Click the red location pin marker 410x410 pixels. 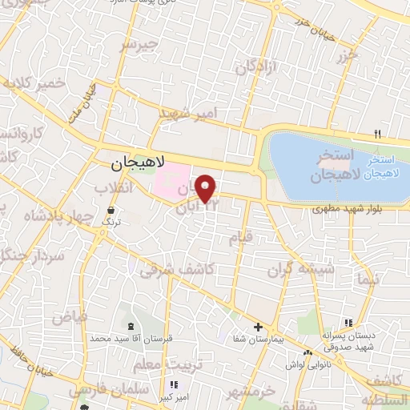pyautogui.click(x=207, y=189)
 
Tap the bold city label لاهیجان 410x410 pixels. pyautogui.click(x=135, y=163)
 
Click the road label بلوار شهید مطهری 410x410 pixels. pyautogui.click(x=346, y=210)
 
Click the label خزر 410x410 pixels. pyautogui.click(x=346, y=55)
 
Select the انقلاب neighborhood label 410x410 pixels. pyautogui.click(x=113, y=187)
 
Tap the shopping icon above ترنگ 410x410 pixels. pyautogui.click(x=110, y=210)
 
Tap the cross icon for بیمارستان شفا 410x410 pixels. pyautogui.click(x=257, y=327)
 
